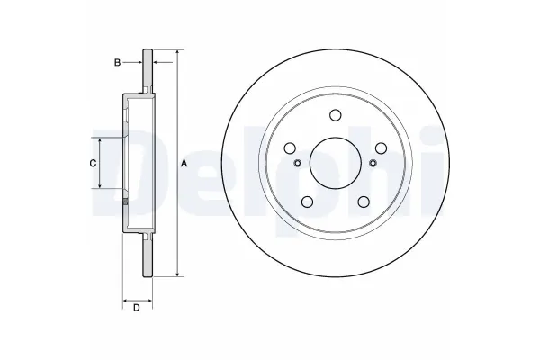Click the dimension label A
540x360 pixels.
pyautogui.click(x=184, y=163)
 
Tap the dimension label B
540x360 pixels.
pyautogui.click(x=116, y=62)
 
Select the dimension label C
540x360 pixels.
pyautogui.click(x=92, y=163)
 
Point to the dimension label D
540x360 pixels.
pyautogui.click(x=136, y=309)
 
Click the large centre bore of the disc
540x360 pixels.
pyautogui.click(x=335, y=163)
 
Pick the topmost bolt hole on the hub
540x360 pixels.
pyautogui.click(x=335, y=114)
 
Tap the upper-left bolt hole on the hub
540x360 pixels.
pyautogui.click(x=290, y=148)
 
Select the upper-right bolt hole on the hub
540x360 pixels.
pyautogui.click(x=381, y=148)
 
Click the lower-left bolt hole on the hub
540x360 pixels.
pyautogui.click(x=307, y=202)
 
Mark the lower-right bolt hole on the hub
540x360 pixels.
pyautogui.click(x=364, y=202)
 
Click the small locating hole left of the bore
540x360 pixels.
pyautogui.click(x=297, y=163)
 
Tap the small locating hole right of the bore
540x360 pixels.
pyautogui.click(x=373, y=163)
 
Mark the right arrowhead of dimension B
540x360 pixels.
pyautogui.click(x=156, y=62)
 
